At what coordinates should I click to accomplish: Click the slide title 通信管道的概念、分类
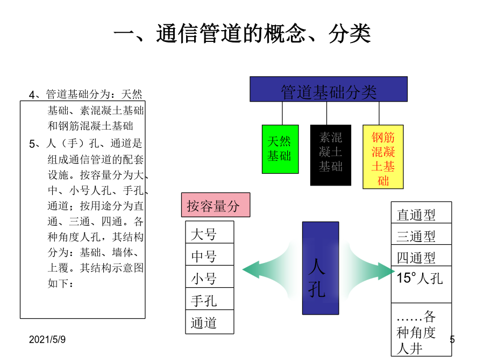[243, 33]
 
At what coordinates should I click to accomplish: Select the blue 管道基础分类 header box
[329, 89]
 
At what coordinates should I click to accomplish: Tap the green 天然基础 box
[280, 149]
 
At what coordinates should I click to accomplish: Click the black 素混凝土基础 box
[331, 155]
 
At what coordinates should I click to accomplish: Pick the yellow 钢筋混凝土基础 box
[383, 156]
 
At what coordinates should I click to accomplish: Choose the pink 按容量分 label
[216, 205]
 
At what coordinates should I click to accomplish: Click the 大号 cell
[210, 232]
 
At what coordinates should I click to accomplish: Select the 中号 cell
[210, 254]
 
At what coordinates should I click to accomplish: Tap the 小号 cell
[210, 276]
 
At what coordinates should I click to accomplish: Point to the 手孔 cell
[210, 298]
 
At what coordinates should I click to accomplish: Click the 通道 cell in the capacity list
[210, 322]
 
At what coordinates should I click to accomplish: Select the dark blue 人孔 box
[321, 268]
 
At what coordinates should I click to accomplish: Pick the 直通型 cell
[421, 212]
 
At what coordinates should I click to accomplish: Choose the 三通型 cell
[421, 234]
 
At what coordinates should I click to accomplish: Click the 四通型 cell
[421, 255]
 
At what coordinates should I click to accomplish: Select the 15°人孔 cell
[421, 284]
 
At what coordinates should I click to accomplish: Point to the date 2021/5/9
[47, 339]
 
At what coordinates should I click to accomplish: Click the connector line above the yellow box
[379, 113]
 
